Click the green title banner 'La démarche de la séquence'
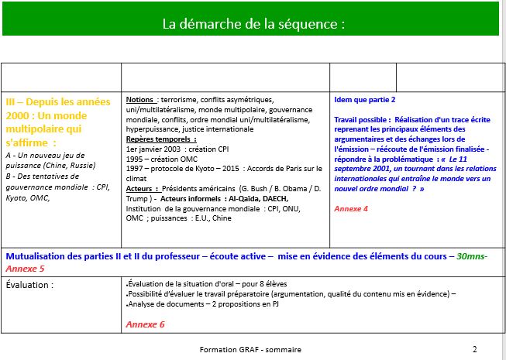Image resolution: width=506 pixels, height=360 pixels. point(253,23)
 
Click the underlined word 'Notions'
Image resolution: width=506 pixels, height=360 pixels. point(139,101)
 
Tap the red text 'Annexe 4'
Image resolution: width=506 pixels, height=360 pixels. point(351,208)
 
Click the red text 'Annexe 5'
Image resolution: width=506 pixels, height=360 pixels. point(25,268)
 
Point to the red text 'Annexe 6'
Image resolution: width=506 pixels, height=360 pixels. point(145,324)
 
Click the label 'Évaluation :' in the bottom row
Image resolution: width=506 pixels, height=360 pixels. point(30,284)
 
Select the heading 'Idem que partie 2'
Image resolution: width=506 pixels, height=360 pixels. point(364,101)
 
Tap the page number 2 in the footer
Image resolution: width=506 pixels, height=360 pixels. point(474,348)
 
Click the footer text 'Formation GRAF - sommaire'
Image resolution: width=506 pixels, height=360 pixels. point(250,349)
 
